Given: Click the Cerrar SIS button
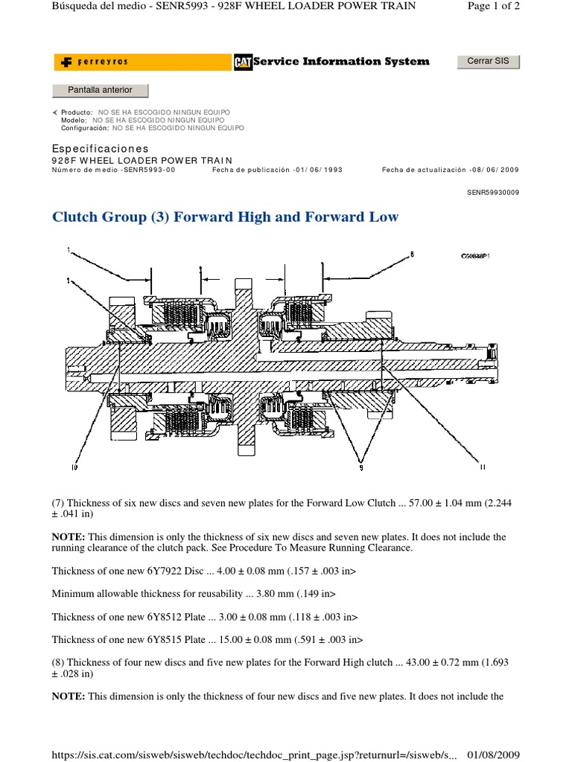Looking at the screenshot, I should click(x=488, y=61).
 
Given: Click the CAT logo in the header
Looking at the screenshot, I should click(x=242, y=62).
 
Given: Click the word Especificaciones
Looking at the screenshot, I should click(x=100, y=149).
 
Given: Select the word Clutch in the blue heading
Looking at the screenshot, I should click(x=75, y=217).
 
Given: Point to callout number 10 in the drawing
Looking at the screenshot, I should click(x=74, y=467).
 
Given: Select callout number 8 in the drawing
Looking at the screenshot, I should click(x=411, y=254).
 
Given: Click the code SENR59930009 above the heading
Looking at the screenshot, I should click(x=493, y=191).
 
